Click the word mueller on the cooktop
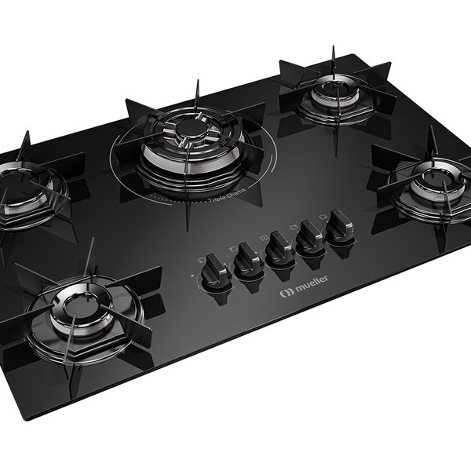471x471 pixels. [x=312, y=283]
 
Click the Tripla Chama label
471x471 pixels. [x=227, y=195]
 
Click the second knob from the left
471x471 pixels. [x=248, y=257]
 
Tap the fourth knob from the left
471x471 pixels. [x=310, y=235]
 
